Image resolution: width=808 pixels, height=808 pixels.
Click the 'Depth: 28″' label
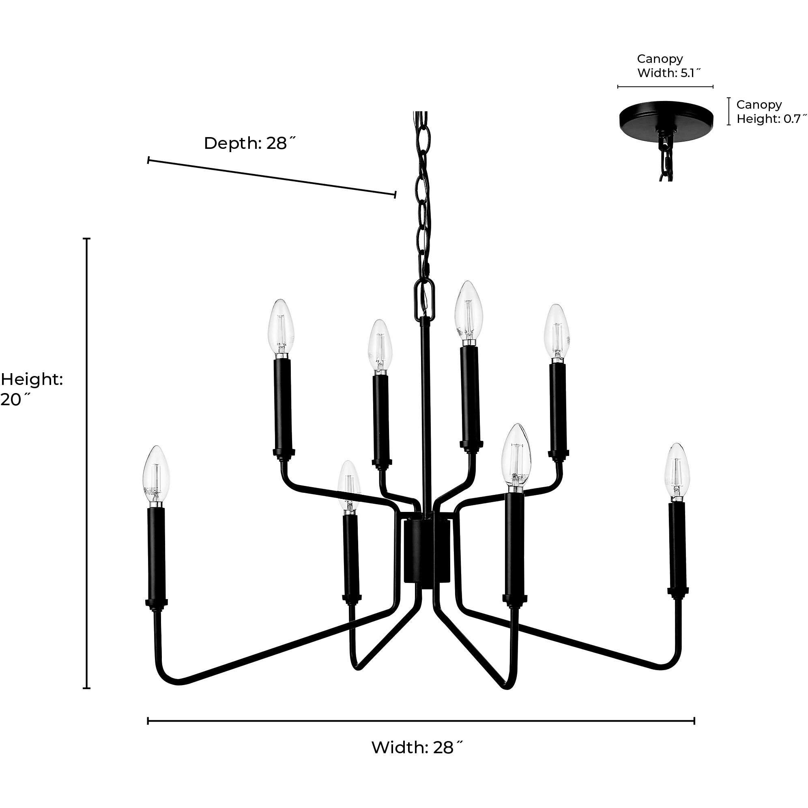(250, 144)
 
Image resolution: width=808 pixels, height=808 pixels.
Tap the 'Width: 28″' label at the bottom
(417, 747)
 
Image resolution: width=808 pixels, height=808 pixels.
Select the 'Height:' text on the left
(32, 380)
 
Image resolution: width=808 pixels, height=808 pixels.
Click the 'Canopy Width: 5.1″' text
(668, 66)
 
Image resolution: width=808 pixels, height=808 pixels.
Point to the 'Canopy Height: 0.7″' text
(770, 112)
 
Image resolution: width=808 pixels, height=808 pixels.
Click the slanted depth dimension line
(272, 177)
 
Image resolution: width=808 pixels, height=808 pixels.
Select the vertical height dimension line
(87, 460)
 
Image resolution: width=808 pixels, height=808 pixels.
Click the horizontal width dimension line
(421, 721)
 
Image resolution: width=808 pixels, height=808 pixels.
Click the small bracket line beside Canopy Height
(729, 111)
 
